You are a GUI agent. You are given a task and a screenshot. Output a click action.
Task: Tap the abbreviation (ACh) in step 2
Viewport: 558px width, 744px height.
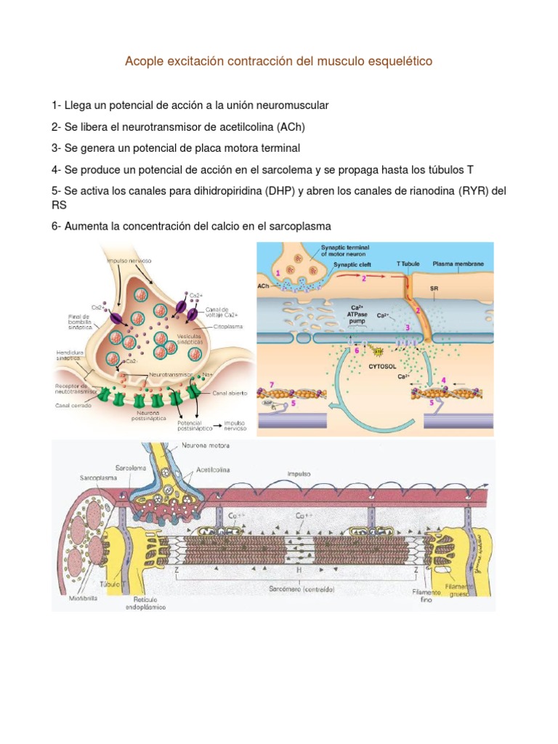click(291, 126)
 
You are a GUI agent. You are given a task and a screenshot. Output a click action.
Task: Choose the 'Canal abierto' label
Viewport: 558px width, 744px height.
click(230, 392)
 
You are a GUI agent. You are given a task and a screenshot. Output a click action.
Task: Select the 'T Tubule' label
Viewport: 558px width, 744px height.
click(408, 264)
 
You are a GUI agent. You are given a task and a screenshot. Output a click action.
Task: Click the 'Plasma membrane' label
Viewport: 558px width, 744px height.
click(463, 264)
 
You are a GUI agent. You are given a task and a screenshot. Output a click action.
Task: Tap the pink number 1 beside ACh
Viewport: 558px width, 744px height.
click(278, 272)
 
